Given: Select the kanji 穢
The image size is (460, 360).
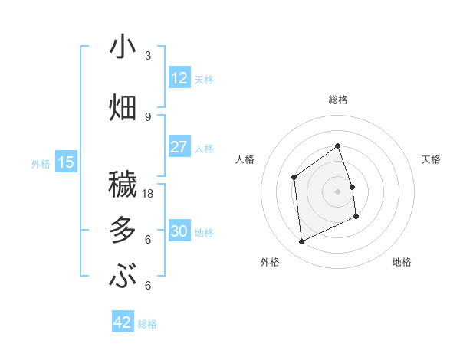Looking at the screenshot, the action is (123, 185).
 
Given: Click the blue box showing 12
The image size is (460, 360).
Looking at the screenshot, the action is (179, 78).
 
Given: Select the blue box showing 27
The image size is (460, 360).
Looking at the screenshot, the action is (179, 147).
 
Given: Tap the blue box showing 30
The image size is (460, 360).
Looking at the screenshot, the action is (179, 231).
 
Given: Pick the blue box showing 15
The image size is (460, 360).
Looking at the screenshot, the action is (66, 162).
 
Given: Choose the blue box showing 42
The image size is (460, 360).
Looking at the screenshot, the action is (123, 322).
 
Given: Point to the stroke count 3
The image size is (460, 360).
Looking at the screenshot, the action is (148, 56).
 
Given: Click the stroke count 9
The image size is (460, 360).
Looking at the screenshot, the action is (148, 116).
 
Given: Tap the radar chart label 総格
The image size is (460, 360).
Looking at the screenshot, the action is (337, 100).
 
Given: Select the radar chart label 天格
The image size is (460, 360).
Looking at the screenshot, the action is (432, 159).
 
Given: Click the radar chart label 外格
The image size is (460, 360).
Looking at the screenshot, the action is (270, 262).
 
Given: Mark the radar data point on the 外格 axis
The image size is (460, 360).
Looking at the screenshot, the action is (301, 242).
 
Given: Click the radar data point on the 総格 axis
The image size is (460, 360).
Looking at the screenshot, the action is (337, 146).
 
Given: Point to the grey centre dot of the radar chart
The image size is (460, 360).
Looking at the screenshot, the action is (337, 191).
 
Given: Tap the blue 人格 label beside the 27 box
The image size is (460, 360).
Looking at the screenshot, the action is (204, 148).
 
